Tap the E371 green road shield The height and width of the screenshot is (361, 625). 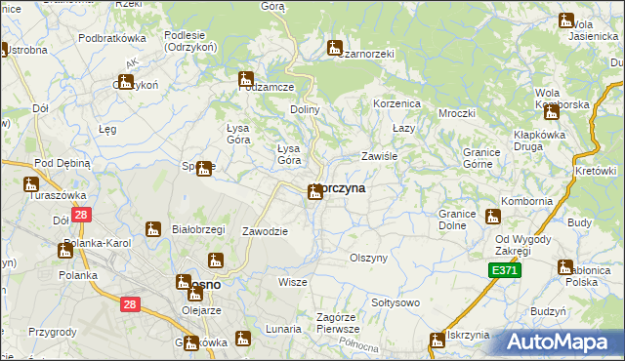[505, 269]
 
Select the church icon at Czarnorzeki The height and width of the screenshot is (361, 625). [334, 47]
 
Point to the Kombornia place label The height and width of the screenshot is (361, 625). [526, 201]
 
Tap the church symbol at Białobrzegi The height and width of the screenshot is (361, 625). [153, 230]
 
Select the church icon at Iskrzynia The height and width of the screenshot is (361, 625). [437, 340]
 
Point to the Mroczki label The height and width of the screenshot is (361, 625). [456, 113]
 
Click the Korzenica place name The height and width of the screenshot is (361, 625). [396, 102]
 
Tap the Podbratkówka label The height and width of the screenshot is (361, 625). [112, 37]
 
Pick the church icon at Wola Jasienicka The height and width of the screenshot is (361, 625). [565, 20]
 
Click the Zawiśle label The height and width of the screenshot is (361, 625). [378, 156]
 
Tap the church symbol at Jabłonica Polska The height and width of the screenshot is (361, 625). [564, 266]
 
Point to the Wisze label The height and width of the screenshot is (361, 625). [292, 282]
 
